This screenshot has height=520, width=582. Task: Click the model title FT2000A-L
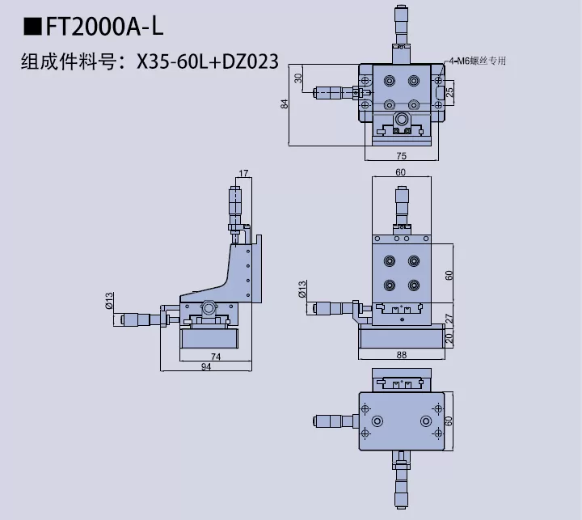point(105,27)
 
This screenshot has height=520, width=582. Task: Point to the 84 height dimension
point(284,104)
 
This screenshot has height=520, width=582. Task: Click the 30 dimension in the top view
point(298,78)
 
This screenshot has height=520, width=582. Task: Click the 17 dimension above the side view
point(244,172)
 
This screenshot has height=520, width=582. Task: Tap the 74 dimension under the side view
point(215,357)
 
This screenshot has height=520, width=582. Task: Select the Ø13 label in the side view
point(108,300)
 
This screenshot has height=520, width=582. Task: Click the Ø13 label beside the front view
point(302,289)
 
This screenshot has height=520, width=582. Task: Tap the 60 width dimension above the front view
point(401,172)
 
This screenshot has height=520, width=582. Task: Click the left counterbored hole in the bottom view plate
point(377,421)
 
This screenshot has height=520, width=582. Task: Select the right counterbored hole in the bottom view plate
point(425,421)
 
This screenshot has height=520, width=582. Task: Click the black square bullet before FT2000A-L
point(32,27)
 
